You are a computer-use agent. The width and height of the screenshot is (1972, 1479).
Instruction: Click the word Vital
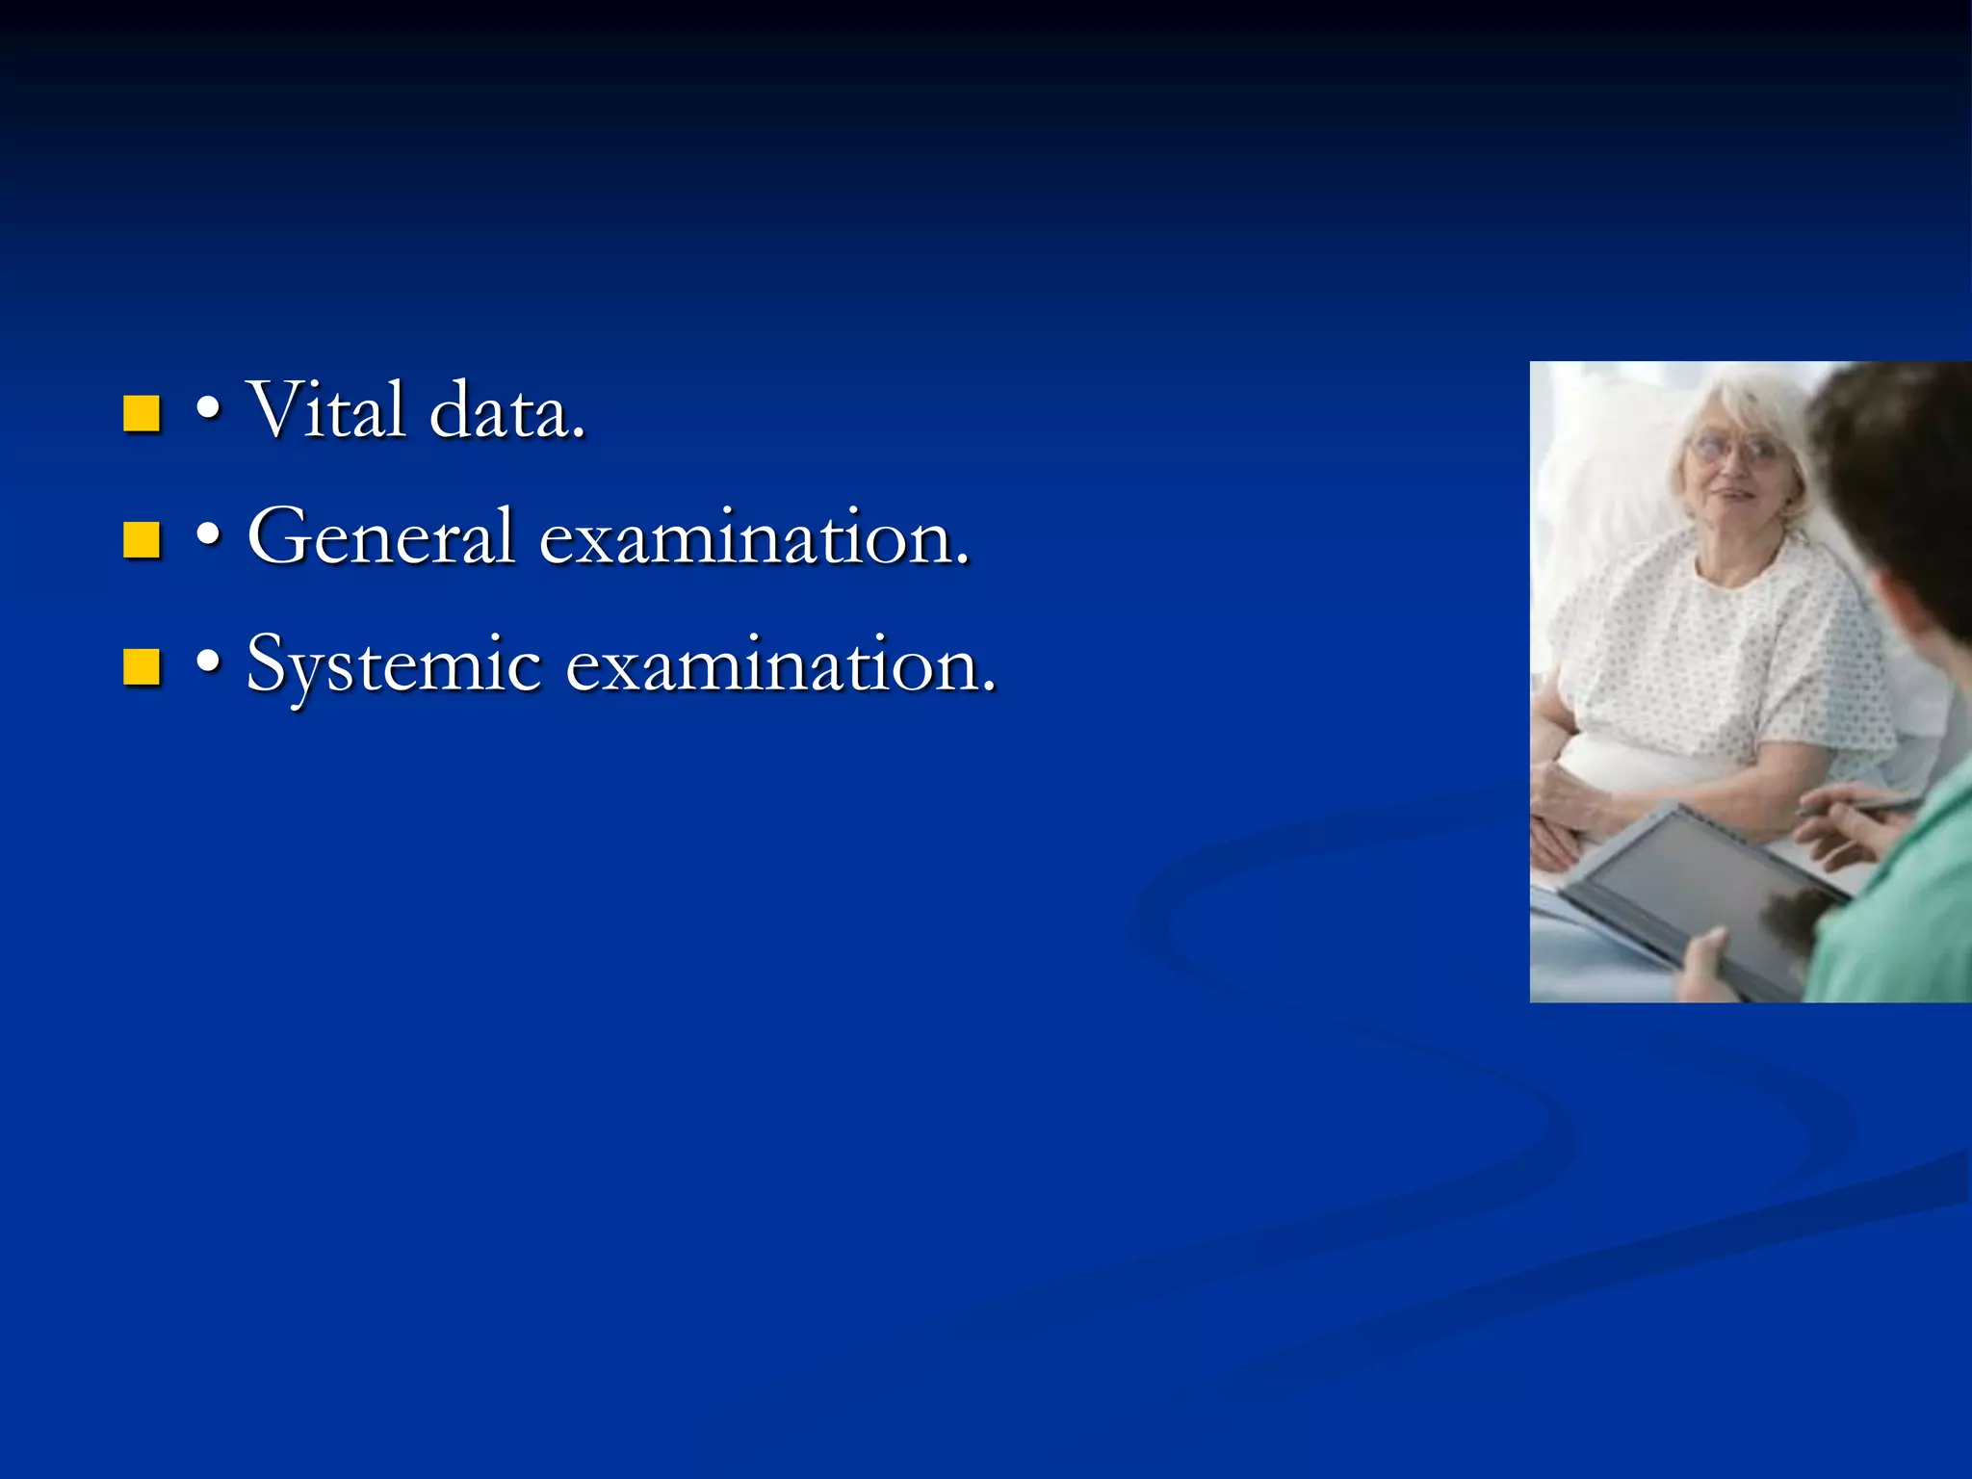(325, 410)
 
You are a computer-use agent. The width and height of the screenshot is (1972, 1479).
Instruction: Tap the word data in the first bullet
(506, 412)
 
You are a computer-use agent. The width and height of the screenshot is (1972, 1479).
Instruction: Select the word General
(381, 536)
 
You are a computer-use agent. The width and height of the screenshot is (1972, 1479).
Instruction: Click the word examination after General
(754, 537)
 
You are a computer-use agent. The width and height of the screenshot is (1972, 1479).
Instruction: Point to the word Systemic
(394, 665)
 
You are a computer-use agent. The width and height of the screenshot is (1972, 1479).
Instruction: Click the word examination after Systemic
(780, 664)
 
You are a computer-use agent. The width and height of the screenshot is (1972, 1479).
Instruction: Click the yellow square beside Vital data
(142, 414)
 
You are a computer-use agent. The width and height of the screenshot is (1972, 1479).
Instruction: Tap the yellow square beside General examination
(142, 540)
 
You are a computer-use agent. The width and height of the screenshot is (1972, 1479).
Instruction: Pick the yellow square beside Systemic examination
(142, 666)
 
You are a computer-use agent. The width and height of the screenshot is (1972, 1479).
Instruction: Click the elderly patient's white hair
(1762, 404)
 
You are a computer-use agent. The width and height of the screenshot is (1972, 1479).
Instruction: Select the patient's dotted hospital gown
(1724, 655)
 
